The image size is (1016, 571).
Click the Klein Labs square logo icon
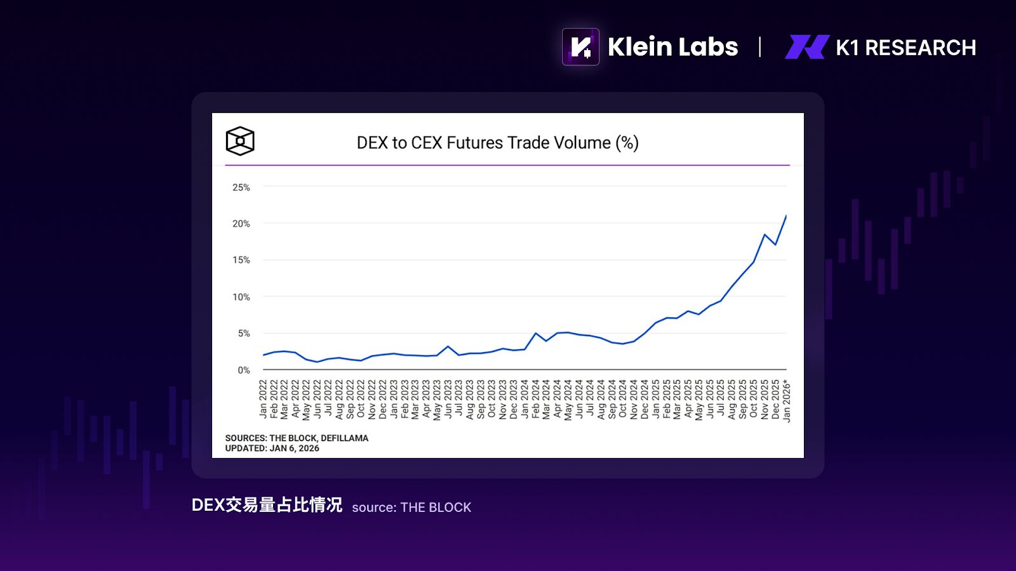580,47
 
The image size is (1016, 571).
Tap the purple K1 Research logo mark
807,47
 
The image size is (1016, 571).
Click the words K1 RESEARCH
906,48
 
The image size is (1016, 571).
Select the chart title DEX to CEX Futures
497,143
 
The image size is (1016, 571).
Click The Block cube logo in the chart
240,141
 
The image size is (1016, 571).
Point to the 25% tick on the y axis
241,187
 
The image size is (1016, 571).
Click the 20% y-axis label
241,223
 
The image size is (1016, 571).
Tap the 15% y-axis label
241,260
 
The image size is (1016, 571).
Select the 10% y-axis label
241,297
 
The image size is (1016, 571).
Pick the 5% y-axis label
244,333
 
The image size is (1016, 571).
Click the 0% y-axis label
244,370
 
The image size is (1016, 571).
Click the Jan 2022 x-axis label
264,399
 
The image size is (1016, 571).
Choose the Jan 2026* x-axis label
787,401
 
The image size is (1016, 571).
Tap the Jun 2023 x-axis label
448,399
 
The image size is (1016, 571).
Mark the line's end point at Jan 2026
786,216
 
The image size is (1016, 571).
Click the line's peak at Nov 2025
765,235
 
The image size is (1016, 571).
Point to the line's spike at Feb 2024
536,333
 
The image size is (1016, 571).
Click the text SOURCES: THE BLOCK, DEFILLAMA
297,438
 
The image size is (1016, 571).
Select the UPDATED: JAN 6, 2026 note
272,448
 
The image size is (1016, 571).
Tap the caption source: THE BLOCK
411,508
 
